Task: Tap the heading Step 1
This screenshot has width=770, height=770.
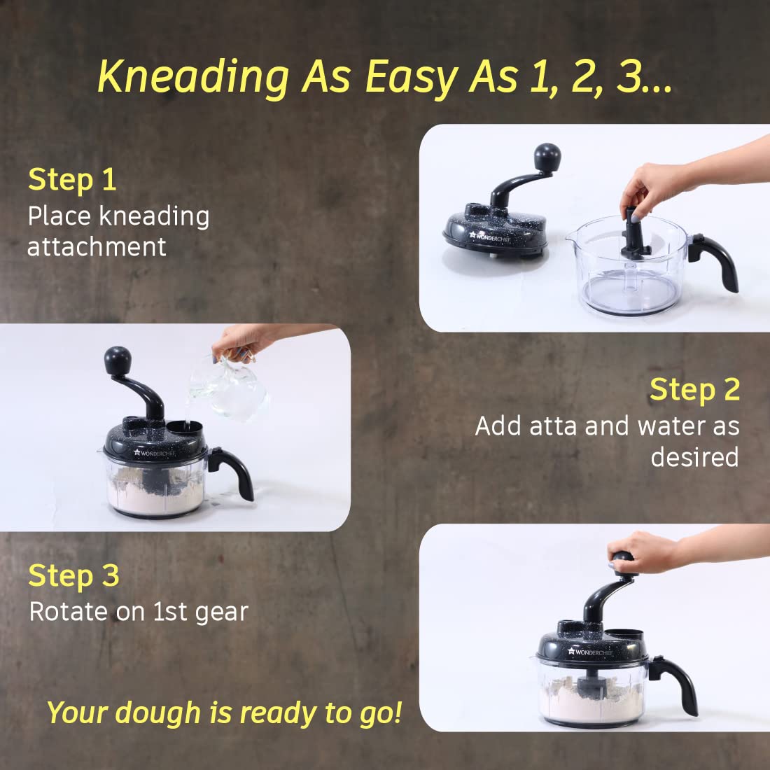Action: pos(72,180)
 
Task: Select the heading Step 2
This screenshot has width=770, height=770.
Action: pos(694,390)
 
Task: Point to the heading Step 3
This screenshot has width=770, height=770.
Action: pos(73,576)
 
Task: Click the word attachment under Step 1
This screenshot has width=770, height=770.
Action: pos(97,246)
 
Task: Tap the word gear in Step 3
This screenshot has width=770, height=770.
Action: pos(221,612)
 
